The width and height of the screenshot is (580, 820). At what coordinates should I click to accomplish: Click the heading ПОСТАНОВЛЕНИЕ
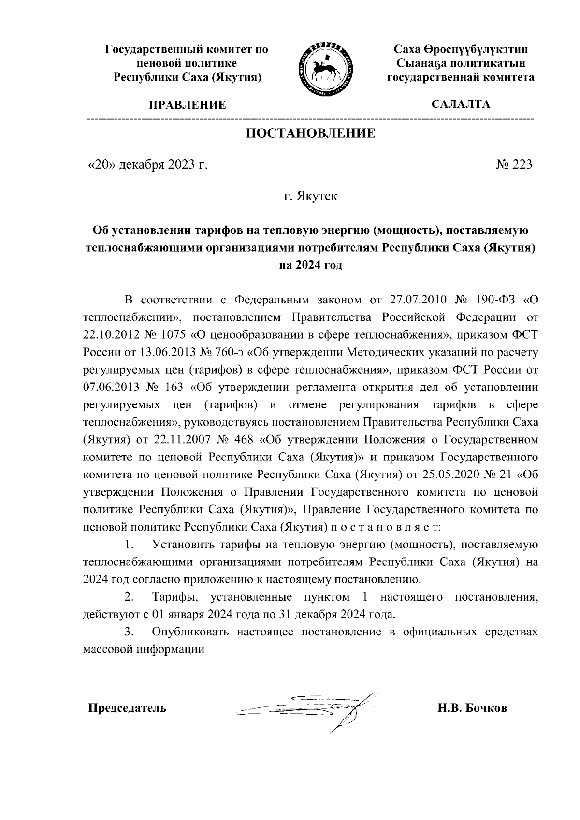(x=311, y=133)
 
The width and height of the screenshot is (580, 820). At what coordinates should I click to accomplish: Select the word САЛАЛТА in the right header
(x=461, y=104)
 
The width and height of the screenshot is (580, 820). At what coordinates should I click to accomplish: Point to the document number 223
(x=522, y=165)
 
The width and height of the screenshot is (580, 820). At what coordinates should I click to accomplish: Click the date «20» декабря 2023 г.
(x=147, y=165)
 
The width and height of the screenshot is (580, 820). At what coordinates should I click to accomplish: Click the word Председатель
(x=127, y=708)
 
